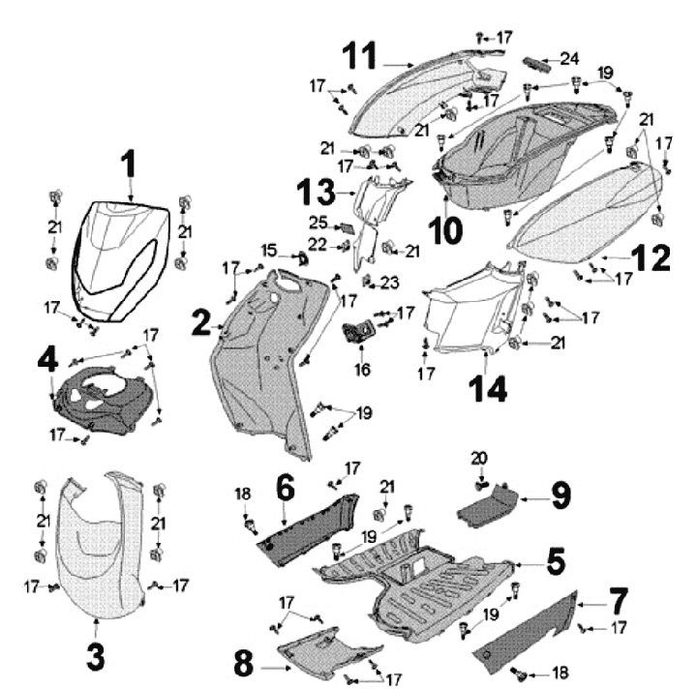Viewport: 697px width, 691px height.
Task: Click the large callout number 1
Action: [x=129, y=165]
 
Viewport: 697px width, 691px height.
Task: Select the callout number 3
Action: [x=95, y=656]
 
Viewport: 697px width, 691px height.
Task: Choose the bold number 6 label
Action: [x=284, y=487]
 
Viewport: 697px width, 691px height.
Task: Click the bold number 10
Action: [x=448, y=230]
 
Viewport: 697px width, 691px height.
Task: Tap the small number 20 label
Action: [x=478, y=458]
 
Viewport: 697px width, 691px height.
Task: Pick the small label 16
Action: [x=363, y=369]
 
